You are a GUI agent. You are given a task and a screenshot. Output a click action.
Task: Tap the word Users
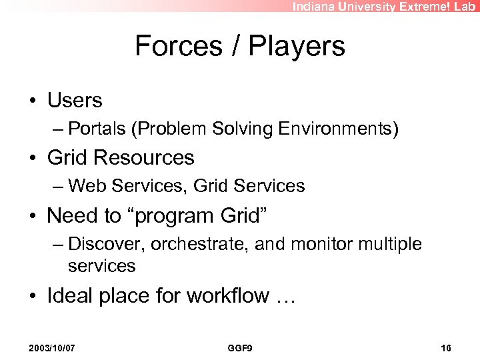click(75, 101)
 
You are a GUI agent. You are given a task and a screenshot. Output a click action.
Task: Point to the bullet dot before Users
click(33, 101)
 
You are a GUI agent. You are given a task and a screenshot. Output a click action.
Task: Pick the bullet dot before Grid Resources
click(33, 158)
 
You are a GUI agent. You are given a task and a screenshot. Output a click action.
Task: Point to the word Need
click(73, 215)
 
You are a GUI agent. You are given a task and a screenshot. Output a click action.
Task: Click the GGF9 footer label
click(239, 348)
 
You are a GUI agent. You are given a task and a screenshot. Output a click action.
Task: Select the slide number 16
click(446, 348)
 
